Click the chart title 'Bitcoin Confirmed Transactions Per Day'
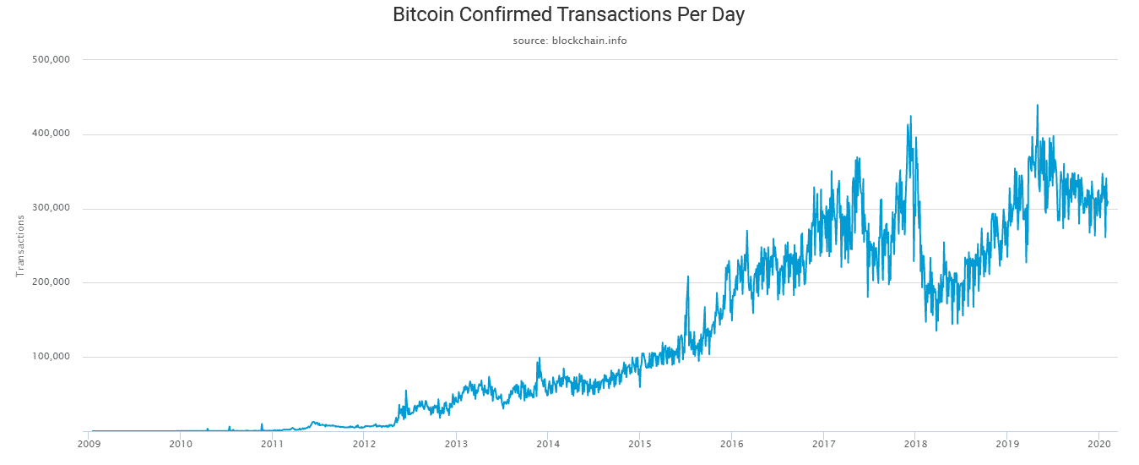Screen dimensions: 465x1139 [x=569, y=14]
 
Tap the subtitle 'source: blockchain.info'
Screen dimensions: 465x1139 [x=569, y=41]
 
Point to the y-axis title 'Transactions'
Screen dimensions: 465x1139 [x=20, y=245]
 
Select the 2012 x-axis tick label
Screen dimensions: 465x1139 [x=364, y=442]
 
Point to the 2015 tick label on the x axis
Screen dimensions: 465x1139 [x=640, y=442]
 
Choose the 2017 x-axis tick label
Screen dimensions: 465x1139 [x=823, y=442]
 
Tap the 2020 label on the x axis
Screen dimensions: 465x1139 [x=1098, y=442]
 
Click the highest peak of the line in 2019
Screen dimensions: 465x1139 [x=1037, y=106]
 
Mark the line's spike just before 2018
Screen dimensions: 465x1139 [x=910, y=117]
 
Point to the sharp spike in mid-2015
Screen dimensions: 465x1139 [x=688, y=276]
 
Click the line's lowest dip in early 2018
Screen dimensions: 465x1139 [x=936, y=330]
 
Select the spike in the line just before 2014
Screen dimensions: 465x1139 [x=540, y=358]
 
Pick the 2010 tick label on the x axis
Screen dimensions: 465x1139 [x=181, y=442]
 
